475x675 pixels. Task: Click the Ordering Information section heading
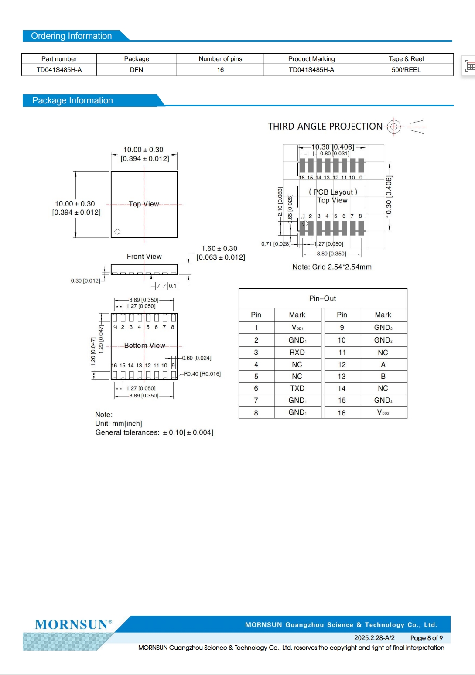72,36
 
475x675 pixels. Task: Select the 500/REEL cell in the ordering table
406,70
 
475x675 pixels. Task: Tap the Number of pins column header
220,59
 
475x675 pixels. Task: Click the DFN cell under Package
137,70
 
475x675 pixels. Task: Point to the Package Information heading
72,101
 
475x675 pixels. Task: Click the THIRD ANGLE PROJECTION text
325,127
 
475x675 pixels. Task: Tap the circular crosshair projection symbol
394,127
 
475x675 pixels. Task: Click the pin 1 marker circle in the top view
117,232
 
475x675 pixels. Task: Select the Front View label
144,257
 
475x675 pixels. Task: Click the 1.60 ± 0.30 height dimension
219,248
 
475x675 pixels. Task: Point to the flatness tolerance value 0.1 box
173,286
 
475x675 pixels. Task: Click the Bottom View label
144,346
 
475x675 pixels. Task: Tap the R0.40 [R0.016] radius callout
202,374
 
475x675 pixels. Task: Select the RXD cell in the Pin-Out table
297,353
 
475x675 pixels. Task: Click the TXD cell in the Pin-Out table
297,388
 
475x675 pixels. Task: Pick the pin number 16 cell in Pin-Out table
342,413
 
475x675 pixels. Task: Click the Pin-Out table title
322,298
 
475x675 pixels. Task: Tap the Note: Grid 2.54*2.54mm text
332,267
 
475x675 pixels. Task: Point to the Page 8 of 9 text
426,638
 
